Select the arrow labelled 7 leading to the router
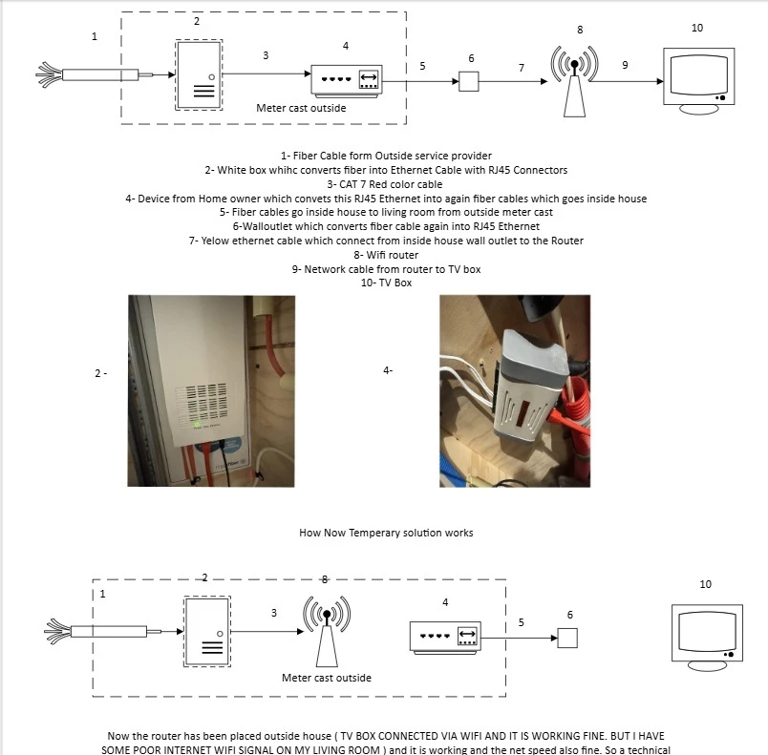(521, 82)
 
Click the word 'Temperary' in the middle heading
(372, 532)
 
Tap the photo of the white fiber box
(210, 390)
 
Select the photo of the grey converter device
(514, 390)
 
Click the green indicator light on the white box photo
(197, 421)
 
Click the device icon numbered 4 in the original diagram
(347, 81)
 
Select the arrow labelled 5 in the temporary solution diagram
(521, 638)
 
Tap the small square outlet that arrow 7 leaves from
(468, 82)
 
